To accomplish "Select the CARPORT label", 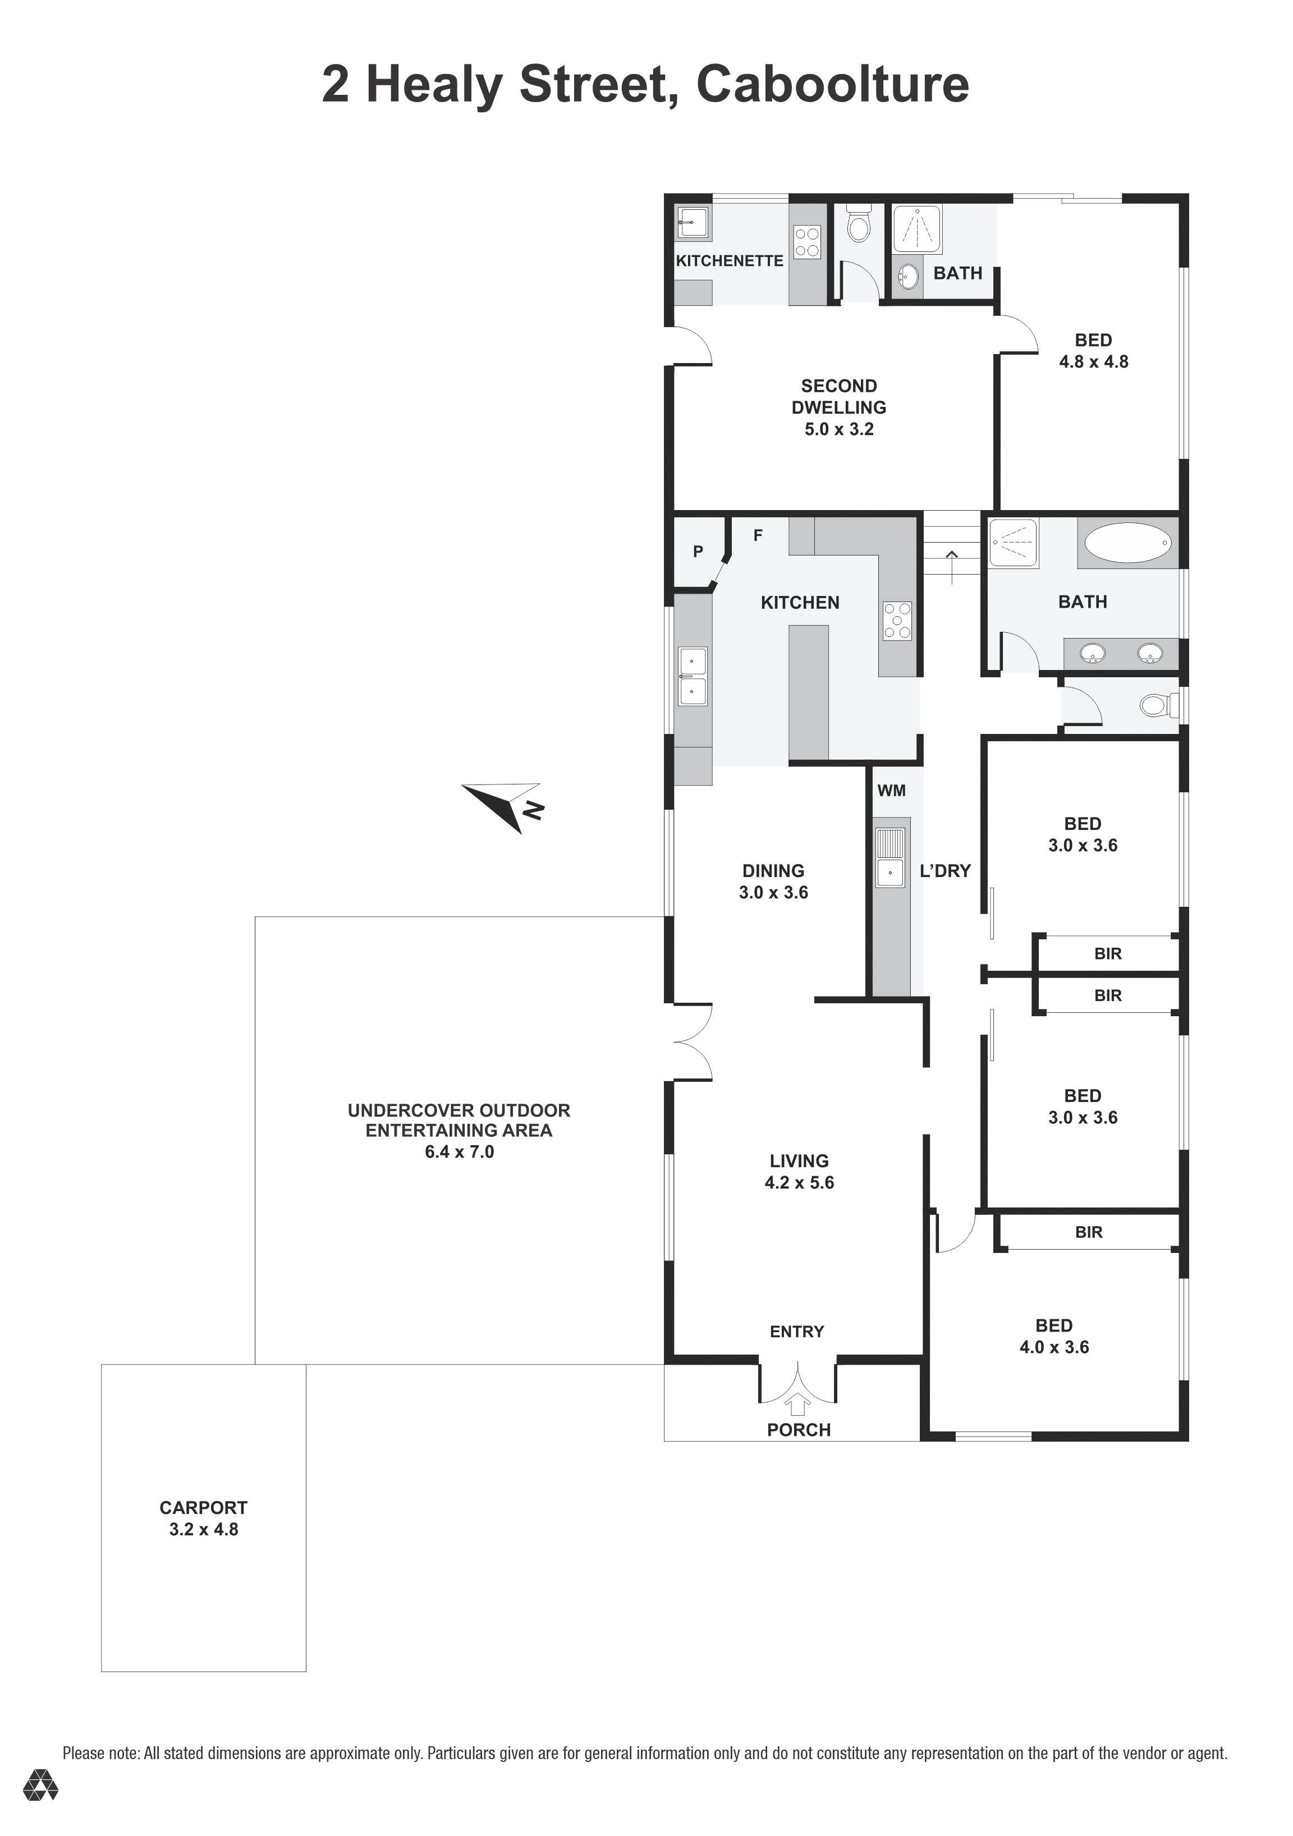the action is (203, 1507).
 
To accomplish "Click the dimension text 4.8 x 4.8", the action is (1093, 361).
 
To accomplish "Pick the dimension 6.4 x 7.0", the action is (459, 1151).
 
